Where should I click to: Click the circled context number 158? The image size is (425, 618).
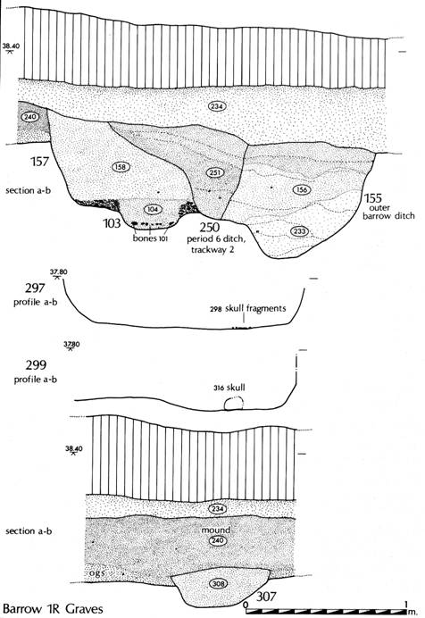[121, 167]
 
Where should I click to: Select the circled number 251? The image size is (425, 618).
[214, 172]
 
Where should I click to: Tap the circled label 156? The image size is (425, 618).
[301, 189]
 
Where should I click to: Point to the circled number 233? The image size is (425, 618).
[300, 230]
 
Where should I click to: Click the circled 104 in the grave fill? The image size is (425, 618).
[153, 209]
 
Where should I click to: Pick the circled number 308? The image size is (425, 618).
[218, 584]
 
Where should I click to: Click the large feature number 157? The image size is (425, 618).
[40, 162]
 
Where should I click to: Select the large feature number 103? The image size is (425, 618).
[112, 223]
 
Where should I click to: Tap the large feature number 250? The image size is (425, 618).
[209, 228]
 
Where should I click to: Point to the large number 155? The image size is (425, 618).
[372, 198]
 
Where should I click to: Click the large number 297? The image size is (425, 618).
[35, 288]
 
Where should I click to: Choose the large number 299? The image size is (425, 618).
[36, 365]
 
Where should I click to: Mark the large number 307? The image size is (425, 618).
[266, 597]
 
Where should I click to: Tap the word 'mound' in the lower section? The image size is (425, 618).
[215, 530]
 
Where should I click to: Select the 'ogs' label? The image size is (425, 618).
[97, 572]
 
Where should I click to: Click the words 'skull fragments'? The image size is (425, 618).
[255, 308]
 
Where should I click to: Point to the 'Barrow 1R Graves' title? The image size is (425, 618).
[53, 608]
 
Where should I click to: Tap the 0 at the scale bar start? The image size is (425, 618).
[246, 605]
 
